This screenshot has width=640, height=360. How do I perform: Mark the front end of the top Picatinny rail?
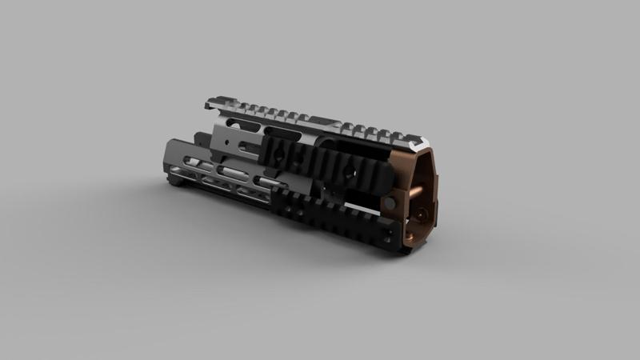tap(210, 102)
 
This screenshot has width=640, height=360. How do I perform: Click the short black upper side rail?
tap(320, 160)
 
